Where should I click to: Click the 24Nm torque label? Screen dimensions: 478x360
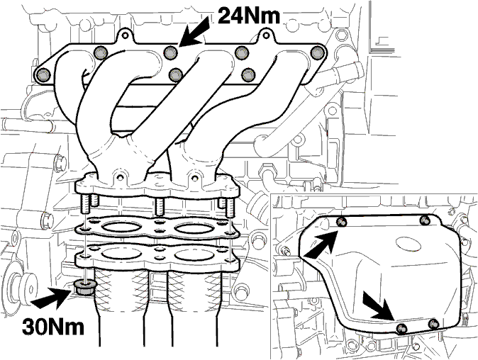(x=249, y=15)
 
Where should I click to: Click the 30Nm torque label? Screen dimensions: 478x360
(x=53, y=327)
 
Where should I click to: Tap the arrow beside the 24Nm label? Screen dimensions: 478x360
(x=194, y=32)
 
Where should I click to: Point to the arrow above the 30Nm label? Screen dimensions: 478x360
(x=52, y=297)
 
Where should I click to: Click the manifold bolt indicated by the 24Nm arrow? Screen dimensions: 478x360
(x=170, y=52)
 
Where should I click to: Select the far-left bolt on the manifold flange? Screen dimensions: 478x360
(x=42, y=75)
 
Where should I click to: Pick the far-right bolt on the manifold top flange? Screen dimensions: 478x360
(x=317, y=52)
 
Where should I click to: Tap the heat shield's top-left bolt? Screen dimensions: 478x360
(x=341, y=222)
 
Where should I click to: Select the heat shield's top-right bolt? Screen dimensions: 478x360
(x=425, y=220)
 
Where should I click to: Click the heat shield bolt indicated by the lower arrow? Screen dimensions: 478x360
(x=401, y=328)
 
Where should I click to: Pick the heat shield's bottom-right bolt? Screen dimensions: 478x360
(x=433, y=323)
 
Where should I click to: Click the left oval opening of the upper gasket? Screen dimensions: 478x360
(x=120, y=228)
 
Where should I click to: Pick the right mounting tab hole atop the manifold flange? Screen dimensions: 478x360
(x=266, y=35)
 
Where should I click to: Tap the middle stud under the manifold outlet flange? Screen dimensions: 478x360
(x=159, y=206)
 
